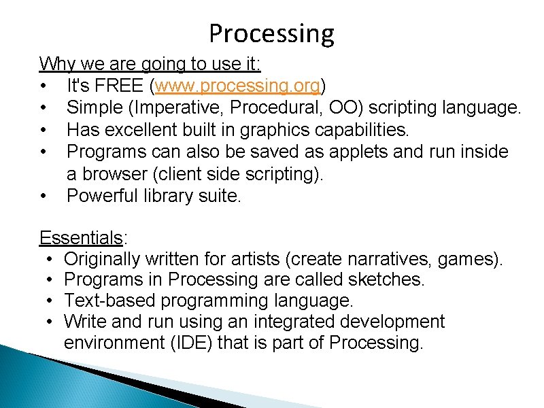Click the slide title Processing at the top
pos(271,33)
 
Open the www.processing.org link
pos(238,86)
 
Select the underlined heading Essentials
pos(81,237)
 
